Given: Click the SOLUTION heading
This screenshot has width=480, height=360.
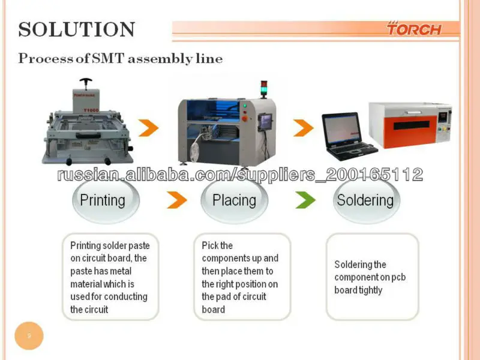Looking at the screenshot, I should (x=77, y=29).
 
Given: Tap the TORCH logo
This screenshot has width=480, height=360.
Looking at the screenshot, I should (x=413, y=29).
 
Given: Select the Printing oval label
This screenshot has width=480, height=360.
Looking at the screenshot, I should (x=103, y=200).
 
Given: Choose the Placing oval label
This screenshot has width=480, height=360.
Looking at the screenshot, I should (x=234, y=200).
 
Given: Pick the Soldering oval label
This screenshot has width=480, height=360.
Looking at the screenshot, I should (x=365, y=200).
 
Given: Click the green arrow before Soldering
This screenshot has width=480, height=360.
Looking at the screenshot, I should (x=305, y=200).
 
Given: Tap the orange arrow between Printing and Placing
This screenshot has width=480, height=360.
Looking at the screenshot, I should (x=174, y=200).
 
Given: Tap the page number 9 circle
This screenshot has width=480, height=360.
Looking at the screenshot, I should (x=29, y=335).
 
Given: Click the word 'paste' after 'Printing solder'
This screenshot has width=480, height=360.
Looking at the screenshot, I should (x=139, y=245).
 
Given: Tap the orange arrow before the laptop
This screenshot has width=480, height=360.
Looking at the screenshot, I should (x=303, y=127).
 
